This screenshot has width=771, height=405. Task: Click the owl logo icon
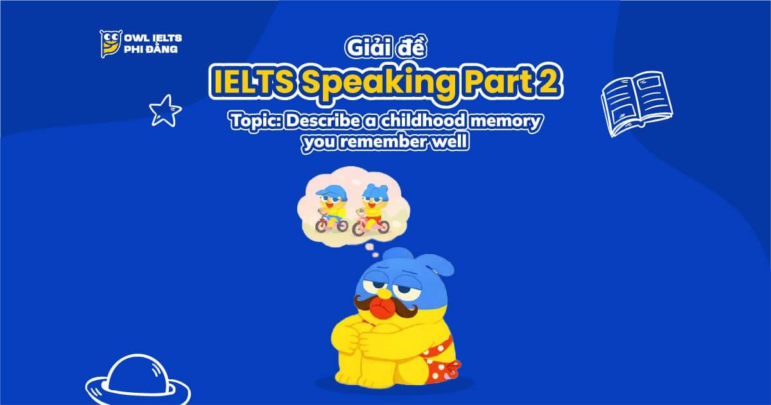coord(109,44)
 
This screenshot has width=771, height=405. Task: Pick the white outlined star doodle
coord(165,110)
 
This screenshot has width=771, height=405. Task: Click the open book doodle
coord(636,103)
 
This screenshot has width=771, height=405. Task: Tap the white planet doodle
coord(137,381)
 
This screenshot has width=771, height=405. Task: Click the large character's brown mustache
coord(386,307)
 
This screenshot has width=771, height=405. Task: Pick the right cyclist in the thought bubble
coord(370,207)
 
